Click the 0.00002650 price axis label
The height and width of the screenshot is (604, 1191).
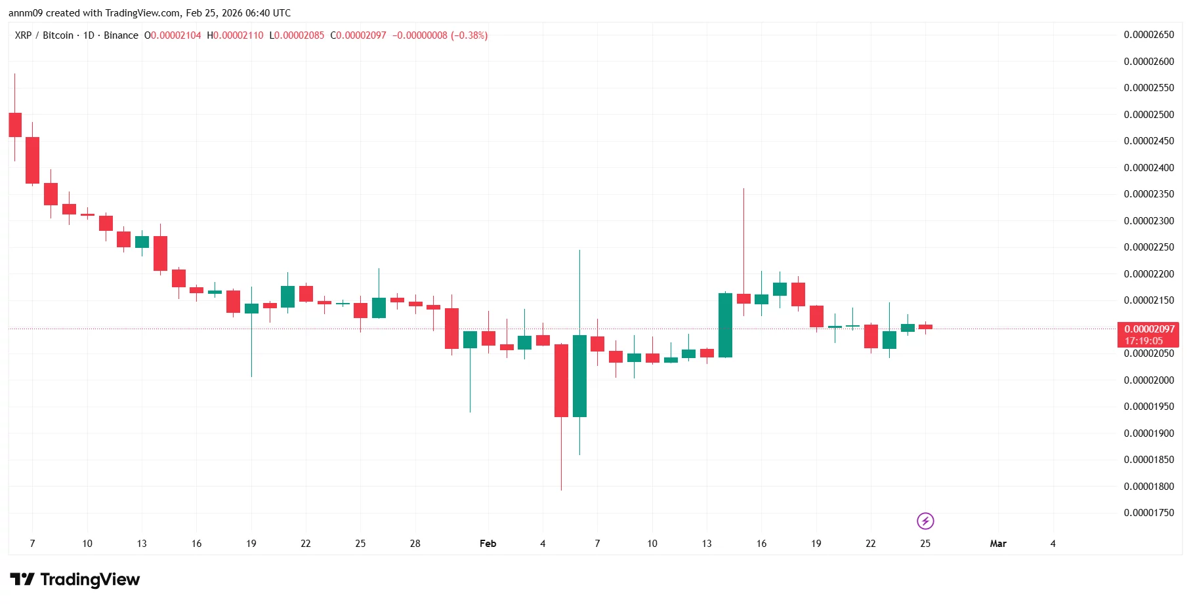[1148, 35]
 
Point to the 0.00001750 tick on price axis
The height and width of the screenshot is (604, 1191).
[1148, 513]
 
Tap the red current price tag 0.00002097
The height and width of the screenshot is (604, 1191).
[1149, 329]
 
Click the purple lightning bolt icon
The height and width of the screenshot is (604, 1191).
[925, 521]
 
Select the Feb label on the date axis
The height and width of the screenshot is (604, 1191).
[488, 544]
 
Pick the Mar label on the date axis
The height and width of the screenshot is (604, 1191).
[997, 544]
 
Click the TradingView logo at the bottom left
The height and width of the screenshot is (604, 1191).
[75, 580]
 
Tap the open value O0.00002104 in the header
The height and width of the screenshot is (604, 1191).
[173, 35]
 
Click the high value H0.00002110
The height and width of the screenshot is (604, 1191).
[235, 35]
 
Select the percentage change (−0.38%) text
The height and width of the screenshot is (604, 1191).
[469, 35]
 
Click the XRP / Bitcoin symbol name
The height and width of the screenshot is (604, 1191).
[44, 35]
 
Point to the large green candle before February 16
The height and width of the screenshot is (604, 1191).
[725, 325]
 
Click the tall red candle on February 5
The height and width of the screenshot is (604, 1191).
[561, 380]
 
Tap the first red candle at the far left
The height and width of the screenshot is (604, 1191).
[15, 125]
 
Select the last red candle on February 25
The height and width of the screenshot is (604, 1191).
[925, 327]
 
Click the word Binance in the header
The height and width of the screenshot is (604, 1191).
[121, 35]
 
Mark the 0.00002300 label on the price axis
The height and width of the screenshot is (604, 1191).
[1148, 221]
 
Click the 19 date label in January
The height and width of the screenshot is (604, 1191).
[251, 544]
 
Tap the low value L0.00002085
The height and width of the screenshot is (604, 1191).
[297, 35]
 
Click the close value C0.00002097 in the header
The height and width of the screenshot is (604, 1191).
[358, 35]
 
